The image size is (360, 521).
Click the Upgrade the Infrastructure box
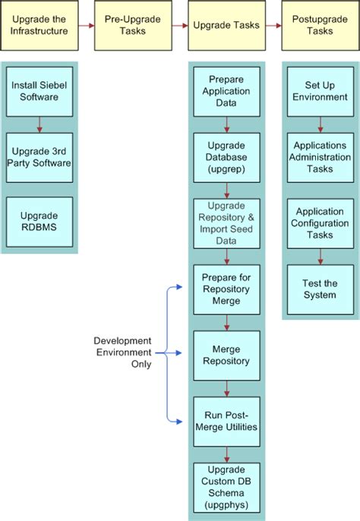tap(39, 25)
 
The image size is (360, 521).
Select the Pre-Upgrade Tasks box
tap(122, 25)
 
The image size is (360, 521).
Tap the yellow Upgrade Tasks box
tap(226, 25)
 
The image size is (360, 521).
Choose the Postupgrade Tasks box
tap(320, 25)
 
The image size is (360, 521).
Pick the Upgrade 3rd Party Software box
tap(39, 157)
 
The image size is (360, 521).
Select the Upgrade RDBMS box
tap(39, 223)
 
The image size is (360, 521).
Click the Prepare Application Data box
tap(226, 91)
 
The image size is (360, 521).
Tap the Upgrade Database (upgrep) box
tap(226, 157)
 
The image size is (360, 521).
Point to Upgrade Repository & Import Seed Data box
tap(226, 223)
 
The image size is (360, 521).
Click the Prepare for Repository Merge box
tap(226, 289)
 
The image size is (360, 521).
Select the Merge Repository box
tap(226, 355)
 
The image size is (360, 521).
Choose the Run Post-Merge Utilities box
tap(226, 420)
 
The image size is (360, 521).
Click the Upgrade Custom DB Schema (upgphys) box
tap(226, 486)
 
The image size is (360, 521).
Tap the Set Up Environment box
tap(320, 91)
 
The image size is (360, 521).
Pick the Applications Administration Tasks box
tap(320, 157)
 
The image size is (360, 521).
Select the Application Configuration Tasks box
tap(320, 223)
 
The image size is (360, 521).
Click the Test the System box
tap(320, 289)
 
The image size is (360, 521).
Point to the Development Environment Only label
tap(122, 352)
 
